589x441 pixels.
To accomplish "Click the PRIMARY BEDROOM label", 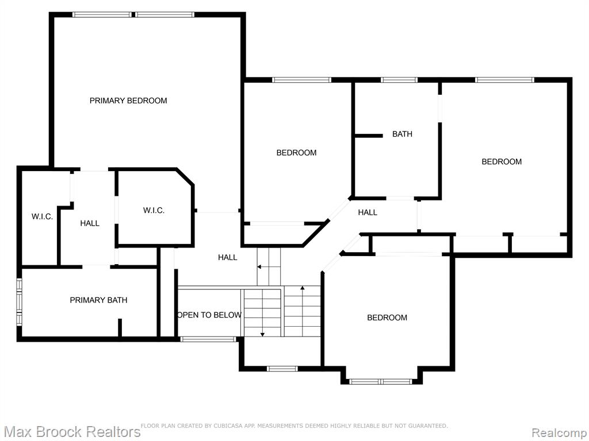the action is click(128, 100).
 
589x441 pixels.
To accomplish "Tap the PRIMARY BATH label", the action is click(98, 300).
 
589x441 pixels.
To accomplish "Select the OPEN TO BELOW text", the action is click(209, 315).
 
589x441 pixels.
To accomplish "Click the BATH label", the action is click(402, 134).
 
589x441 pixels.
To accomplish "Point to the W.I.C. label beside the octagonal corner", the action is click(154, 210).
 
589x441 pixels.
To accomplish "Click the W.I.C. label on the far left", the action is click(42, 216).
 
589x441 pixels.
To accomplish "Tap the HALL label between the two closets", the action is click(90, 223).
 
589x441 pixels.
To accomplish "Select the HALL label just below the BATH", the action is click(368, 212).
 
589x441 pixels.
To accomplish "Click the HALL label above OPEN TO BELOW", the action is click(228, 257).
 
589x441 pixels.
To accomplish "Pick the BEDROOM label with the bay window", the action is click(387, 318).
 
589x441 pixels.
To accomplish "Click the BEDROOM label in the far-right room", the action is click(502, 161).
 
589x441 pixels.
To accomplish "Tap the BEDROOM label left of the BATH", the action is click(296, 153).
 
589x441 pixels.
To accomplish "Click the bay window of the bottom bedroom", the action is click(381, 382).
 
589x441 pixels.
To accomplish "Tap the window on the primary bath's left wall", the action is click(19, 301).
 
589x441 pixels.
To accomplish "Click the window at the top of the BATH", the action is click(399, 80).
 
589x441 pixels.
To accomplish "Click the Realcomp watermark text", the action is click(560, 432).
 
